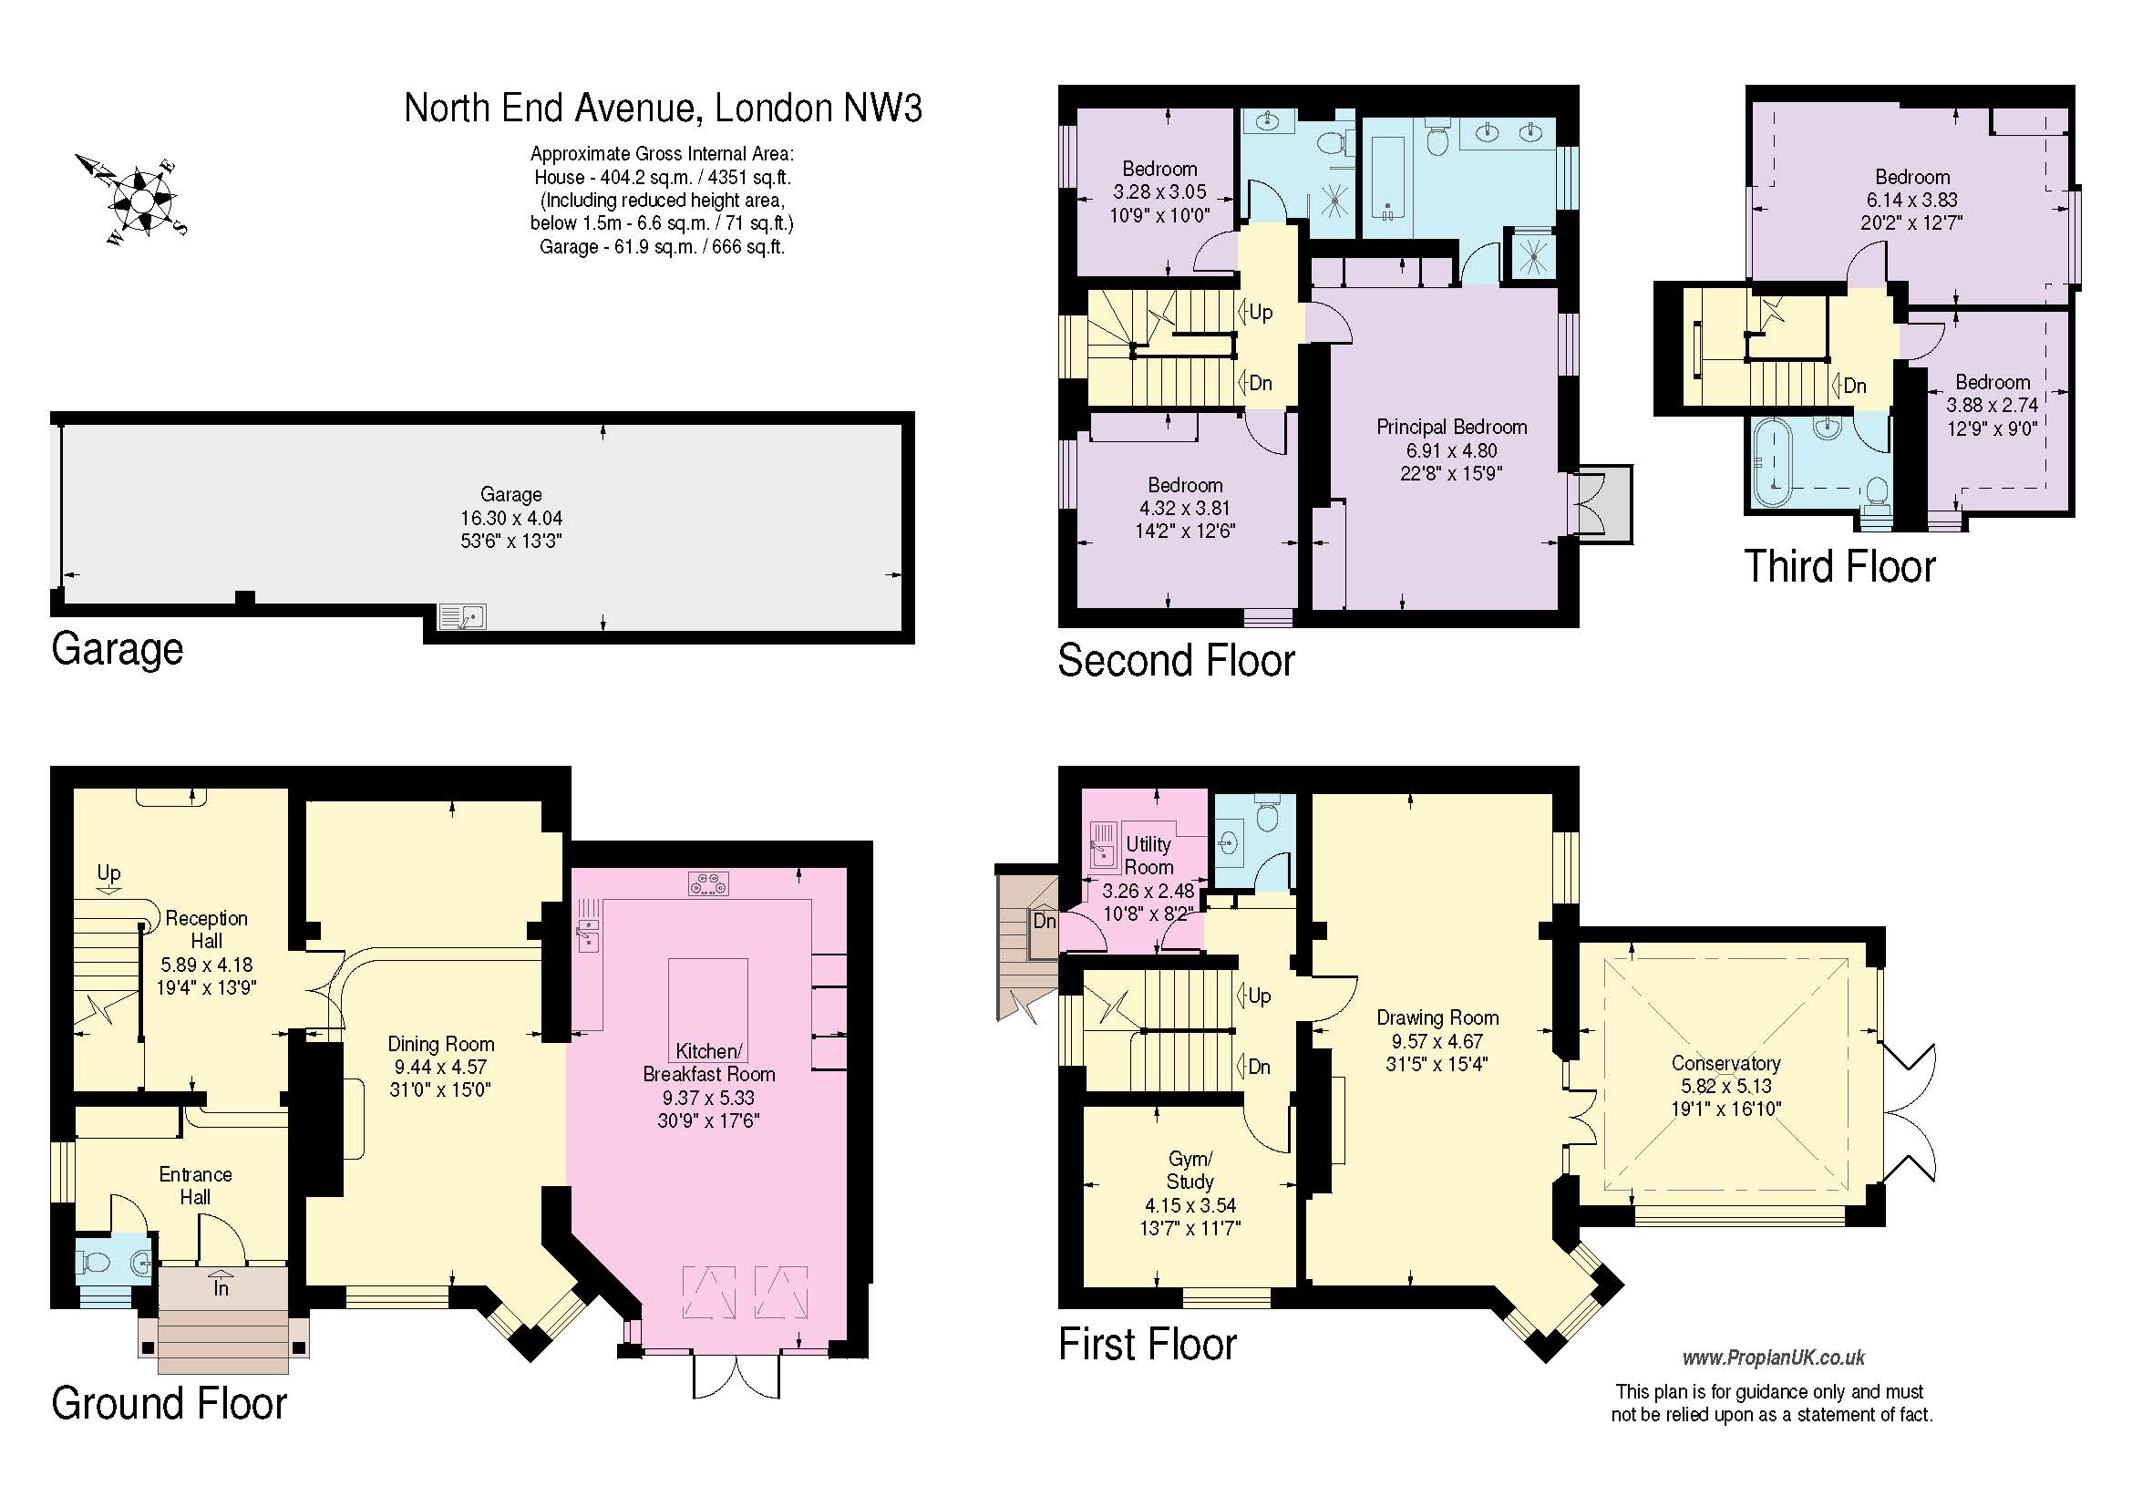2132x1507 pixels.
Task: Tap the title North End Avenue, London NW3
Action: (663, 108)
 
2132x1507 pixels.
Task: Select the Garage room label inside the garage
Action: (510, 495)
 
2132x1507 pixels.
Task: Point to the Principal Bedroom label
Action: (1451, 428)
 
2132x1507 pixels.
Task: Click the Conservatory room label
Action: (1725, 1063)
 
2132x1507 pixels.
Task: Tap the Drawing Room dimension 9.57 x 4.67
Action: (1437, 1042)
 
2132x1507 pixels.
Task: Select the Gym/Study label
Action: (1190, 1170)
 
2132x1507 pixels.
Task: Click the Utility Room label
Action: (1148, 855)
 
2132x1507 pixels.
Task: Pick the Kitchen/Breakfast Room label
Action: (708, 1062)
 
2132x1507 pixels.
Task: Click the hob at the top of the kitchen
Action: (708, 884)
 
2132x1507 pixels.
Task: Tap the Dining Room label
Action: (440, 1044)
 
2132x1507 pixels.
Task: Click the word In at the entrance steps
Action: (221, 1289)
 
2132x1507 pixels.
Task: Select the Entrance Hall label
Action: (195, 1186)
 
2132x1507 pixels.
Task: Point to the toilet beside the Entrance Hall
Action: (94, 1261)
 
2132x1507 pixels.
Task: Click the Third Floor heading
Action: (1839, 566)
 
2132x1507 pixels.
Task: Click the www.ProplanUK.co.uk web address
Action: (1773, 1358)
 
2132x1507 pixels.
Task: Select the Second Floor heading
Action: (1176, 660)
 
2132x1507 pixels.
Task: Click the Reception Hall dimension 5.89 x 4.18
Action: (206, 965)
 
